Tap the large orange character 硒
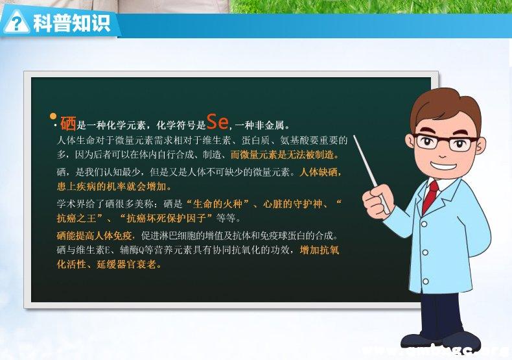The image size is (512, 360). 68,123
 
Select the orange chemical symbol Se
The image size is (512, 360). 217,121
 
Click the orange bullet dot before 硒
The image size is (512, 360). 53,117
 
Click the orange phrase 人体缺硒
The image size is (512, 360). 320,173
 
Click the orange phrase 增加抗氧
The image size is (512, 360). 321,250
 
